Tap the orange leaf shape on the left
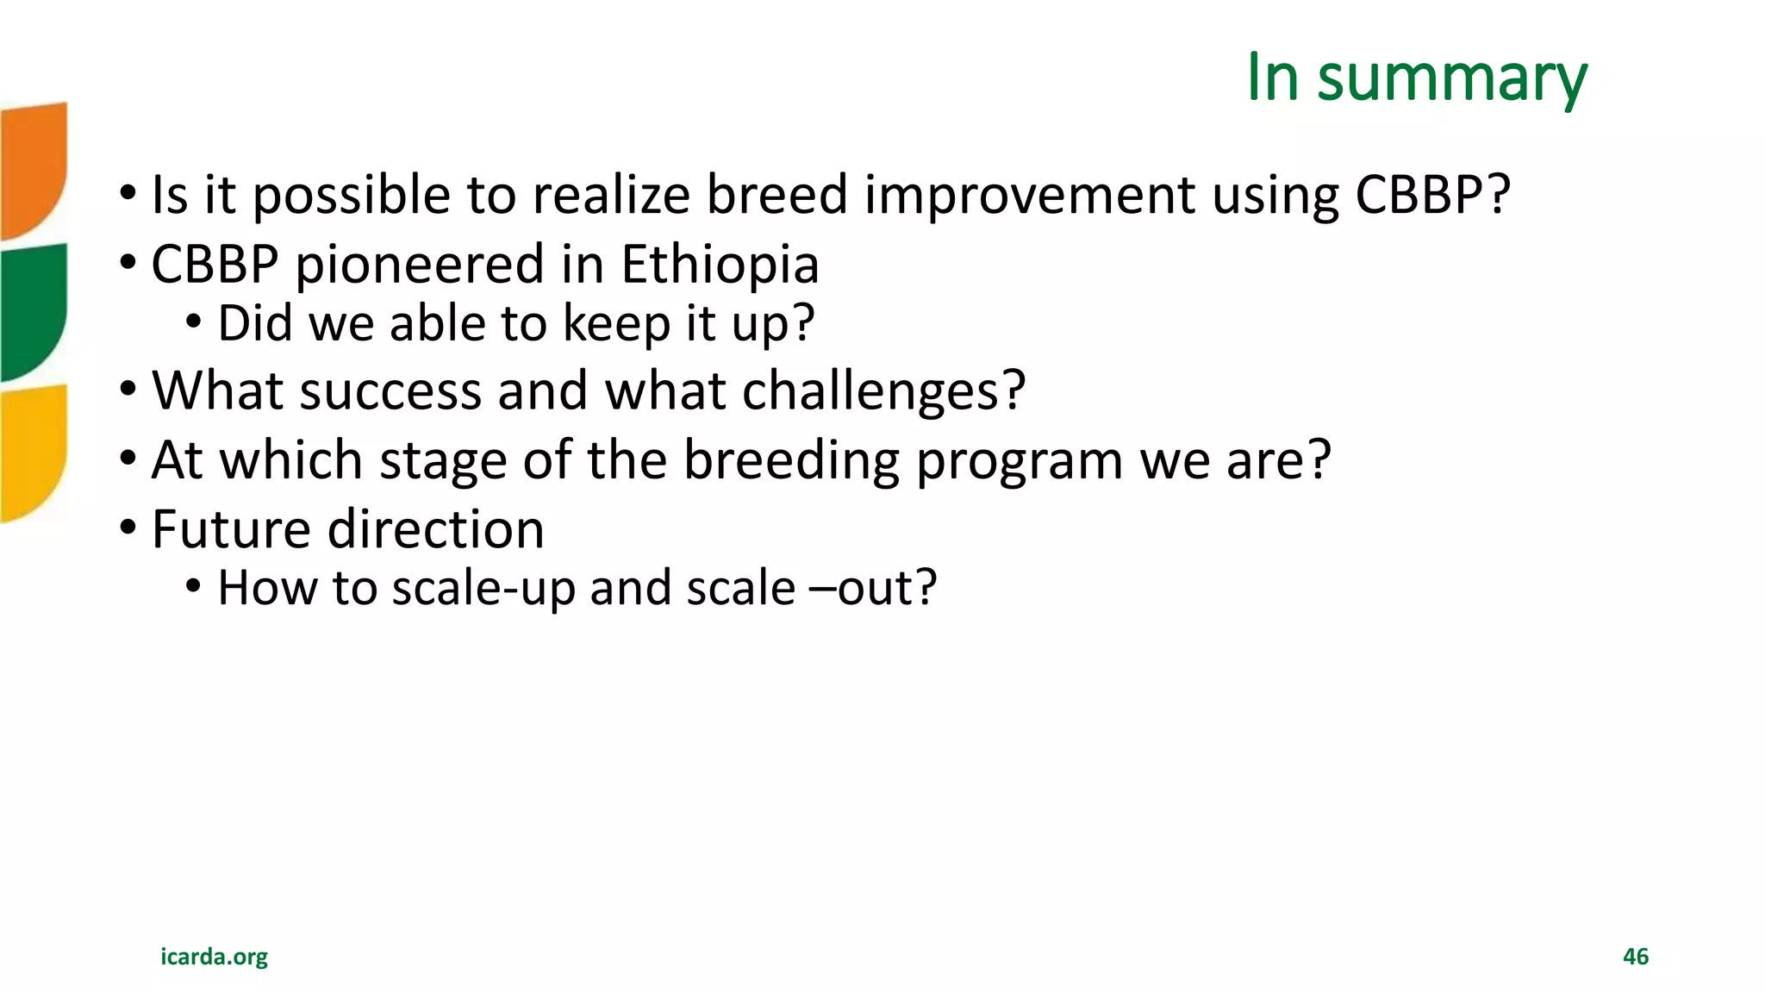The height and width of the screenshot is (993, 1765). point(33,168)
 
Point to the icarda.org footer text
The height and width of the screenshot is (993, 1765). point(214,957)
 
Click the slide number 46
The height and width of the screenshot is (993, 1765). point(1635,957)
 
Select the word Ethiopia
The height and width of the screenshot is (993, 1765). point(720,265)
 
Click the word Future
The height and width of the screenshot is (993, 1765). point(230,529)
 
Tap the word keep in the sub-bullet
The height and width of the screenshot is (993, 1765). point(616,324)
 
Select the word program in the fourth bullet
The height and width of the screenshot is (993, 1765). point(1020,460)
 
